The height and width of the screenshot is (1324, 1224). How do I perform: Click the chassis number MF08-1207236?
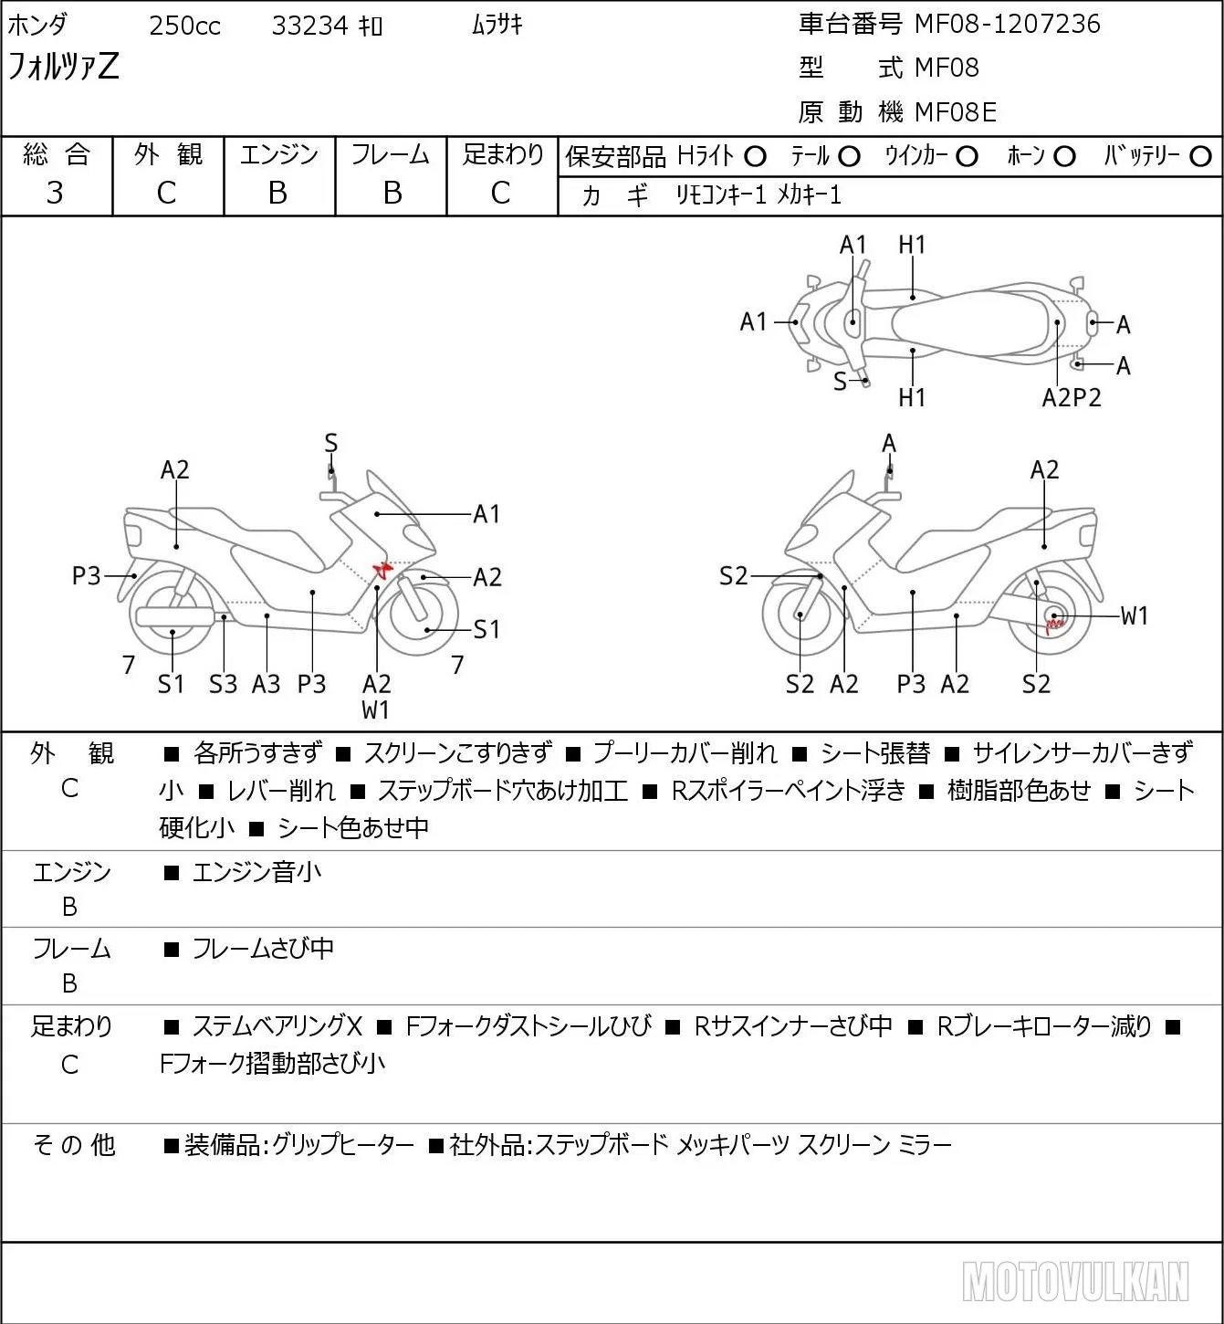[x=1007, y=24]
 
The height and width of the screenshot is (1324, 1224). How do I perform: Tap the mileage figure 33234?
[x=309, y=26]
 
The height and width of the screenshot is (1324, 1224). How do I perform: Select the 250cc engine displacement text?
[x=184, y=26]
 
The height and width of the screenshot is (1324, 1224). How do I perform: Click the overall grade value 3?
[x=55, y=193]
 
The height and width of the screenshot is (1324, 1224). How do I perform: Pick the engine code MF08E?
[x=956, y=112]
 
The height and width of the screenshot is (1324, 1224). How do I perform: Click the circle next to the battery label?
[x=1200, y=156]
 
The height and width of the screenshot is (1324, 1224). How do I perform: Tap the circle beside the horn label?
[x=1064, y=156]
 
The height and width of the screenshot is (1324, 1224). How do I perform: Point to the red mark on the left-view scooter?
[x=382, y=569]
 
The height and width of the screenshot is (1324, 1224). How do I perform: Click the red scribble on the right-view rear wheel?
[x=1054, y=624]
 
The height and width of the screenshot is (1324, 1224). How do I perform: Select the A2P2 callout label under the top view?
[x=1072, y=398]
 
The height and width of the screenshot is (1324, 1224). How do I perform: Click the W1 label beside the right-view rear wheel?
[x=1134, y=615]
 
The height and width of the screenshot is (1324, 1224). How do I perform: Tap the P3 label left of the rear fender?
[x=86, y=575]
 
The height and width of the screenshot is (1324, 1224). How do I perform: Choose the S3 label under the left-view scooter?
[x=223, y=684]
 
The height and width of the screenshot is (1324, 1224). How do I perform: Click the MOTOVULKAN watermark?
[x=1075, y=1281]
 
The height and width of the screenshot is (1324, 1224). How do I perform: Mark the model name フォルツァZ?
[x=63, y=67]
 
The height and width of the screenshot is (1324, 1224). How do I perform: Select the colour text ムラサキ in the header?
[x=497, y=26]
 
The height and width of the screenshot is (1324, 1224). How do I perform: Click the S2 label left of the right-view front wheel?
[x=733, y=575]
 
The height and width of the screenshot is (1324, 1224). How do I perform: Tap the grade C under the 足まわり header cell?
[x=501, y=193]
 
